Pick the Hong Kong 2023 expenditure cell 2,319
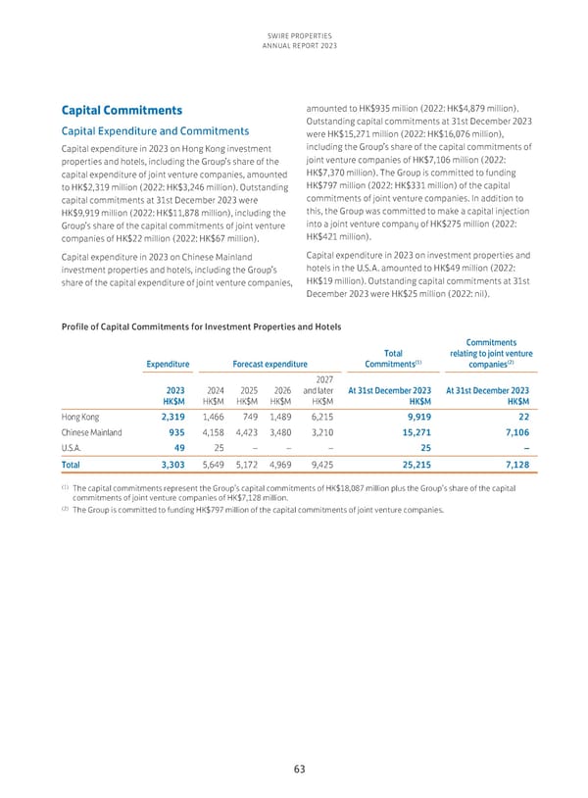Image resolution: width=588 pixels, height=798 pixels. click(172, 417)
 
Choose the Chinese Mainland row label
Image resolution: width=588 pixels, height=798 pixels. click(89, 436)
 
